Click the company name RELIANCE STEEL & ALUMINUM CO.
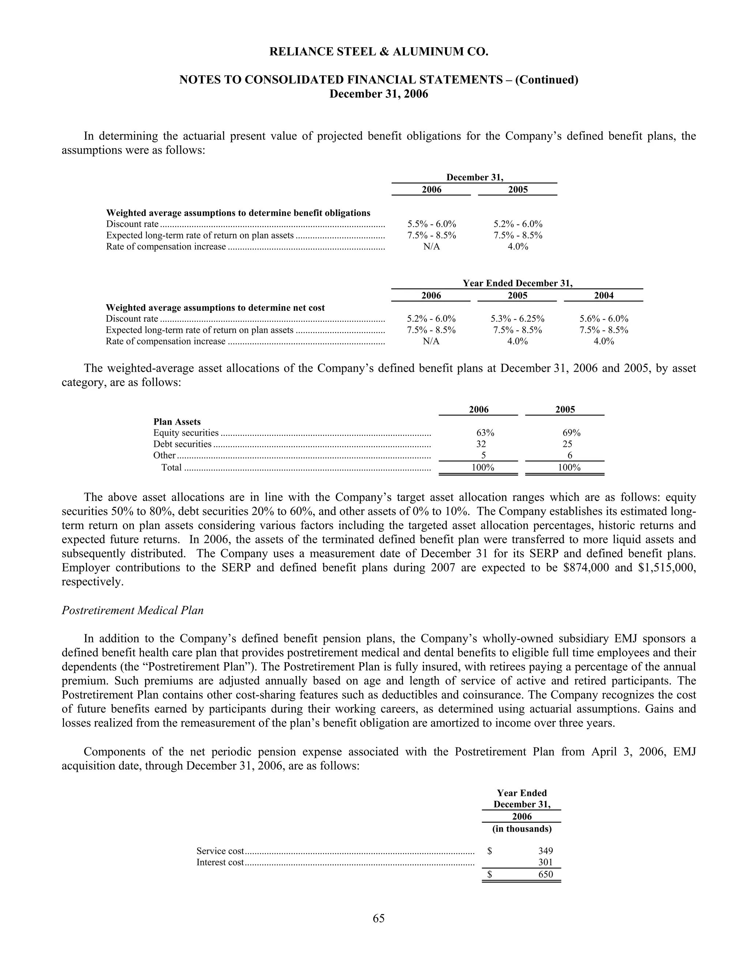[x=379, y=52]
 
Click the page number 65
[x=379, y=918]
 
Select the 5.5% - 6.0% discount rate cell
[x=431, y=224]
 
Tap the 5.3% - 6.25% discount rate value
[x=517, y=318]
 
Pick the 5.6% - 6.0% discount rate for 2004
[x=603, y=318]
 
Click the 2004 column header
[x=603, y=295]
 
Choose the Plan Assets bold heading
[x=177, y=422]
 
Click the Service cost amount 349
[x=545, y=851]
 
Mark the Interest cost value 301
[x=545, y=862]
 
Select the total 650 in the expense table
[x=545, y=874]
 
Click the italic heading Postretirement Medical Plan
[x=132, y=611]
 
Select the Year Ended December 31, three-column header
[x=517, y=283]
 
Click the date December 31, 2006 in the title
[x=379, y=94]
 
